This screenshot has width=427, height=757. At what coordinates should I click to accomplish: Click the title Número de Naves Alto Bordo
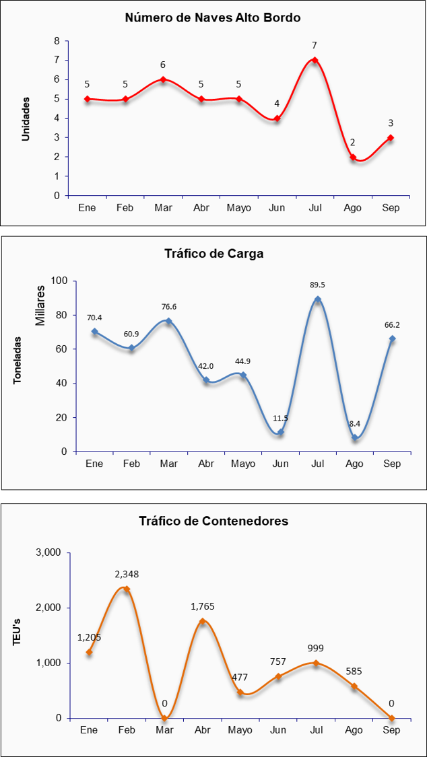click(x=213, y=18)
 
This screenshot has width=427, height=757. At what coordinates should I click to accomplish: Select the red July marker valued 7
click(x=315, y=60)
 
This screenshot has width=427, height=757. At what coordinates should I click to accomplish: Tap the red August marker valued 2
click(x=352, y=157)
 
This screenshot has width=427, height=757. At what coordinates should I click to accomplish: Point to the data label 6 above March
click(x=162, y=65)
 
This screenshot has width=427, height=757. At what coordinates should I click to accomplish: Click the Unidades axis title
click(x=26, y=118)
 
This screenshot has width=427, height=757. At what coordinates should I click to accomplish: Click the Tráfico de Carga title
click(x=213, y=254)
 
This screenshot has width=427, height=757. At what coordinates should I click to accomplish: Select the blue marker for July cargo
click(x=317, y=299)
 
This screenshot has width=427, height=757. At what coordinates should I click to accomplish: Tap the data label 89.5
click(x=317, y=285)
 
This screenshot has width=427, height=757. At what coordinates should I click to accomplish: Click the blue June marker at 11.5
click(x=280, y=432)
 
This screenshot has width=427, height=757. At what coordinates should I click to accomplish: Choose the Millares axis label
click(x=40, y=305)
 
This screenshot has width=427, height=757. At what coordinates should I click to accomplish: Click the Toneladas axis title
click(x=18, y=360)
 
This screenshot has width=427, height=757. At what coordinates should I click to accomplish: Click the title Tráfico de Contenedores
click(x=213, y=521)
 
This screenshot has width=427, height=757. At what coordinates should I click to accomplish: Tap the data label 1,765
click(x=202, y=606)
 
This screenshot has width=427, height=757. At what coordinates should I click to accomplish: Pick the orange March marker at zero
click(x=164, y=718)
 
